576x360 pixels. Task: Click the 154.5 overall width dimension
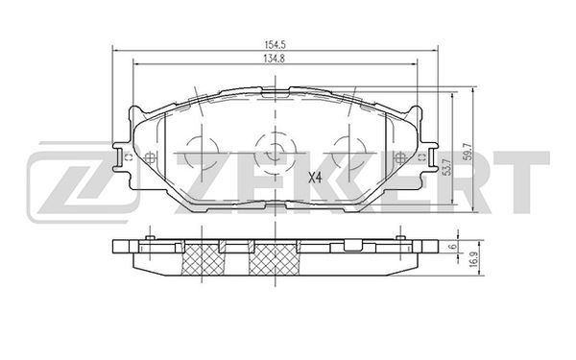click(x=276, y=45)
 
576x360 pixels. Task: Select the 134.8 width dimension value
click(x=276, y=58)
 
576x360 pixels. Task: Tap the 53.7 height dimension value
click(x=447, y=167)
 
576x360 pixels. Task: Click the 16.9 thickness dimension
click(x=474, y=259)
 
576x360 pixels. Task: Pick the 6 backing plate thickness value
click(x=454, y=247)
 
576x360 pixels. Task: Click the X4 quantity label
click(x=315, y=179)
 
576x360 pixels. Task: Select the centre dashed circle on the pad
click(x=276, y=153)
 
